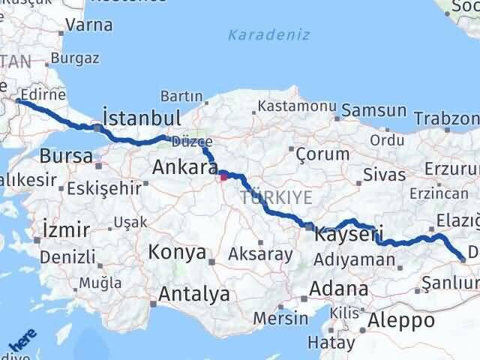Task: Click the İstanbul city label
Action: coord(142,118)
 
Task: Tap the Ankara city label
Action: coord(184,167)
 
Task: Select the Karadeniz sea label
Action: coord(259,34)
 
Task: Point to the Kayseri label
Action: coord(350,234)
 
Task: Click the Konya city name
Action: coord(177,252)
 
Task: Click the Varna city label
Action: coord(88,25)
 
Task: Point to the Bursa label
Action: coord(66,157)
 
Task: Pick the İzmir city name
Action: coord(66,229)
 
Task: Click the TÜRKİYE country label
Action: coord(266,197)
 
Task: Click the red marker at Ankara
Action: coord(223,178)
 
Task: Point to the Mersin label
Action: coord(280,317)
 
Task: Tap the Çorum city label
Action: coord(323,154)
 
